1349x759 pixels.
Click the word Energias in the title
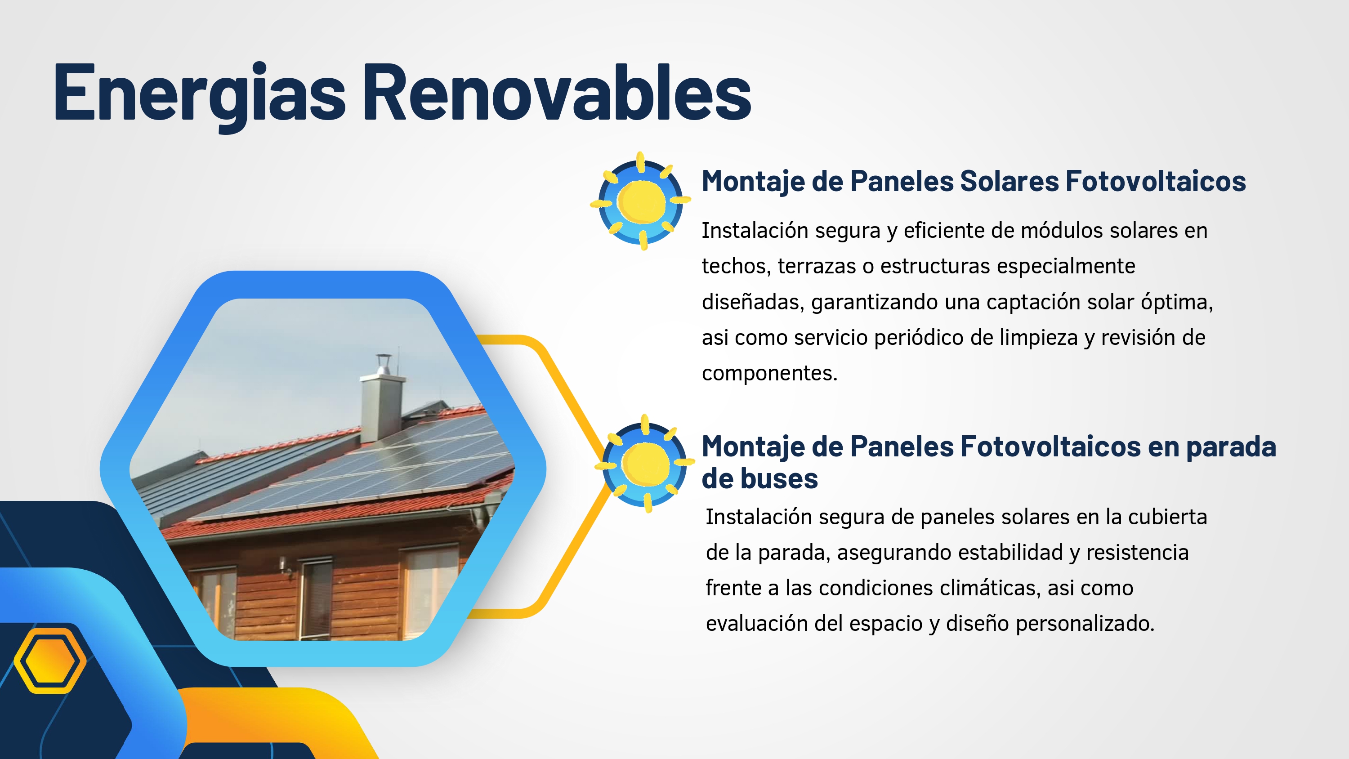click(199, 94)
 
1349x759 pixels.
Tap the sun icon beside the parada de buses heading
click(645, 464)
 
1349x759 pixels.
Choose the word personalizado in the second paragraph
click(1085, 624)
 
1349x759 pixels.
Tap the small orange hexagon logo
click(50, 661)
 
